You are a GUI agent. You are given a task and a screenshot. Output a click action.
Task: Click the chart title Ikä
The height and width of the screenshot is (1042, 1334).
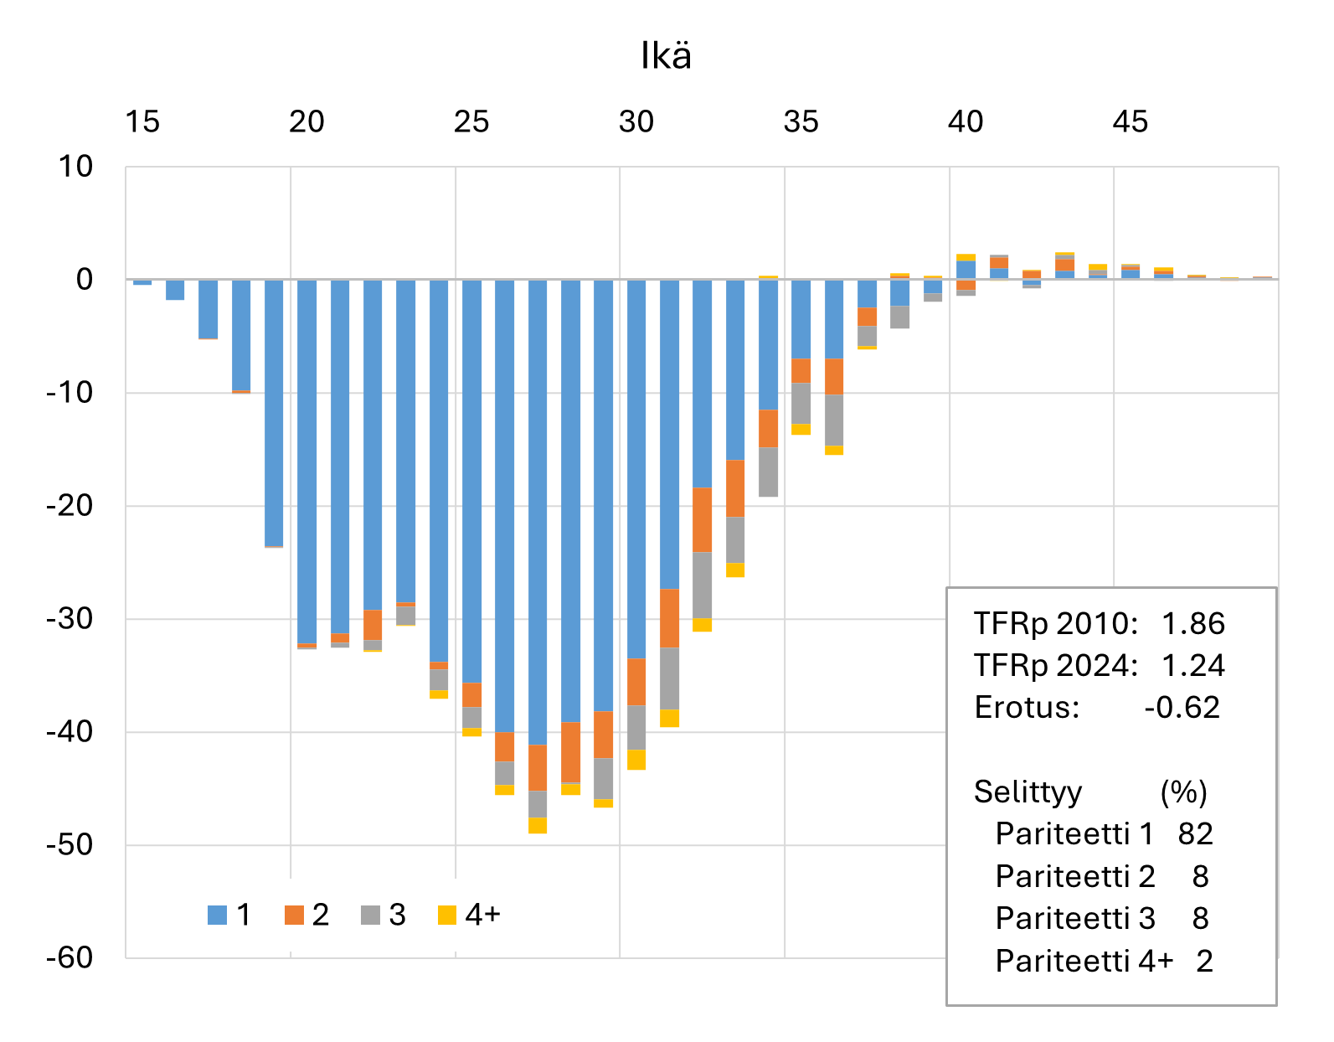point(666,56)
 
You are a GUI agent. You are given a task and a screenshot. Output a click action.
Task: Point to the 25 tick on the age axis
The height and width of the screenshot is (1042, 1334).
point(471,122)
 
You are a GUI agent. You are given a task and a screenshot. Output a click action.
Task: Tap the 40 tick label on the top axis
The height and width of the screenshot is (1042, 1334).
point(965,122)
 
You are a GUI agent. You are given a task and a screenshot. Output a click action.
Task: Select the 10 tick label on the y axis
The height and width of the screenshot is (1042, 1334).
point(75,167)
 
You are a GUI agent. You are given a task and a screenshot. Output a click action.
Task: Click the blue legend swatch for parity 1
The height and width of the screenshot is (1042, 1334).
point(217,916)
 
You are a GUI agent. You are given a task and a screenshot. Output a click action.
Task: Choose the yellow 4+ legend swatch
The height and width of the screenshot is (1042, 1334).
point(447,916)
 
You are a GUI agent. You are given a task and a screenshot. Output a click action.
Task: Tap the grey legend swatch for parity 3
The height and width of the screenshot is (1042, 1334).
point(370,916)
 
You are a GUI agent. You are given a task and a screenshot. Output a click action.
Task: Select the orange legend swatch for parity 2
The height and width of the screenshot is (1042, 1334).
point(294,916)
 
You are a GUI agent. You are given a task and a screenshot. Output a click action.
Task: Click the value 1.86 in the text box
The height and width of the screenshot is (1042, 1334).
point(1192,624)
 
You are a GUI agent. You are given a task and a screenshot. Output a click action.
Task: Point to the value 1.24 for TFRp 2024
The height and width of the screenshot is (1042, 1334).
point(1192,666)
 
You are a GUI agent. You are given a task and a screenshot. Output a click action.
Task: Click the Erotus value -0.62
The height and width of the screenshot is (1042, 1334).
point(1182,708)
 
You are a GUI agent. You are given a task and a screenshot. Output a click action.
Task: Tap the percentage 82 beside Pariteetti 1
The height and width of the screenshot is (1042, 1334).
point(1195,834)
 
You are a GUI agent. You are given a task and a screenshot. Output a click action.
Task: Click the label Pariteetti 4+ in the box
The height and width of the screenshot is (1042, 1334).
point(1084,961)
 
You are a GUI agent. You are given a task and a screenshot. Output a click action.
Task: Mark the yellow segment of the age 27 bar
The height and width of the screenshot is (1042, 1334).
point(538,825)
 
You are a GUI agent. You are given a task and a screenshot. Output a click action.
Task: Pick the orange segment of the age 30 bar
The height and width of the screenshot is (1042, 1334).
point(636,681)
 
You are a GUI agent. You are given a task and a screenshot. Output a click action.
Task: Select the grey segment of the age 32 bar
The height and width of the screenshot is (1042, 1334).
point(702,585)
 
